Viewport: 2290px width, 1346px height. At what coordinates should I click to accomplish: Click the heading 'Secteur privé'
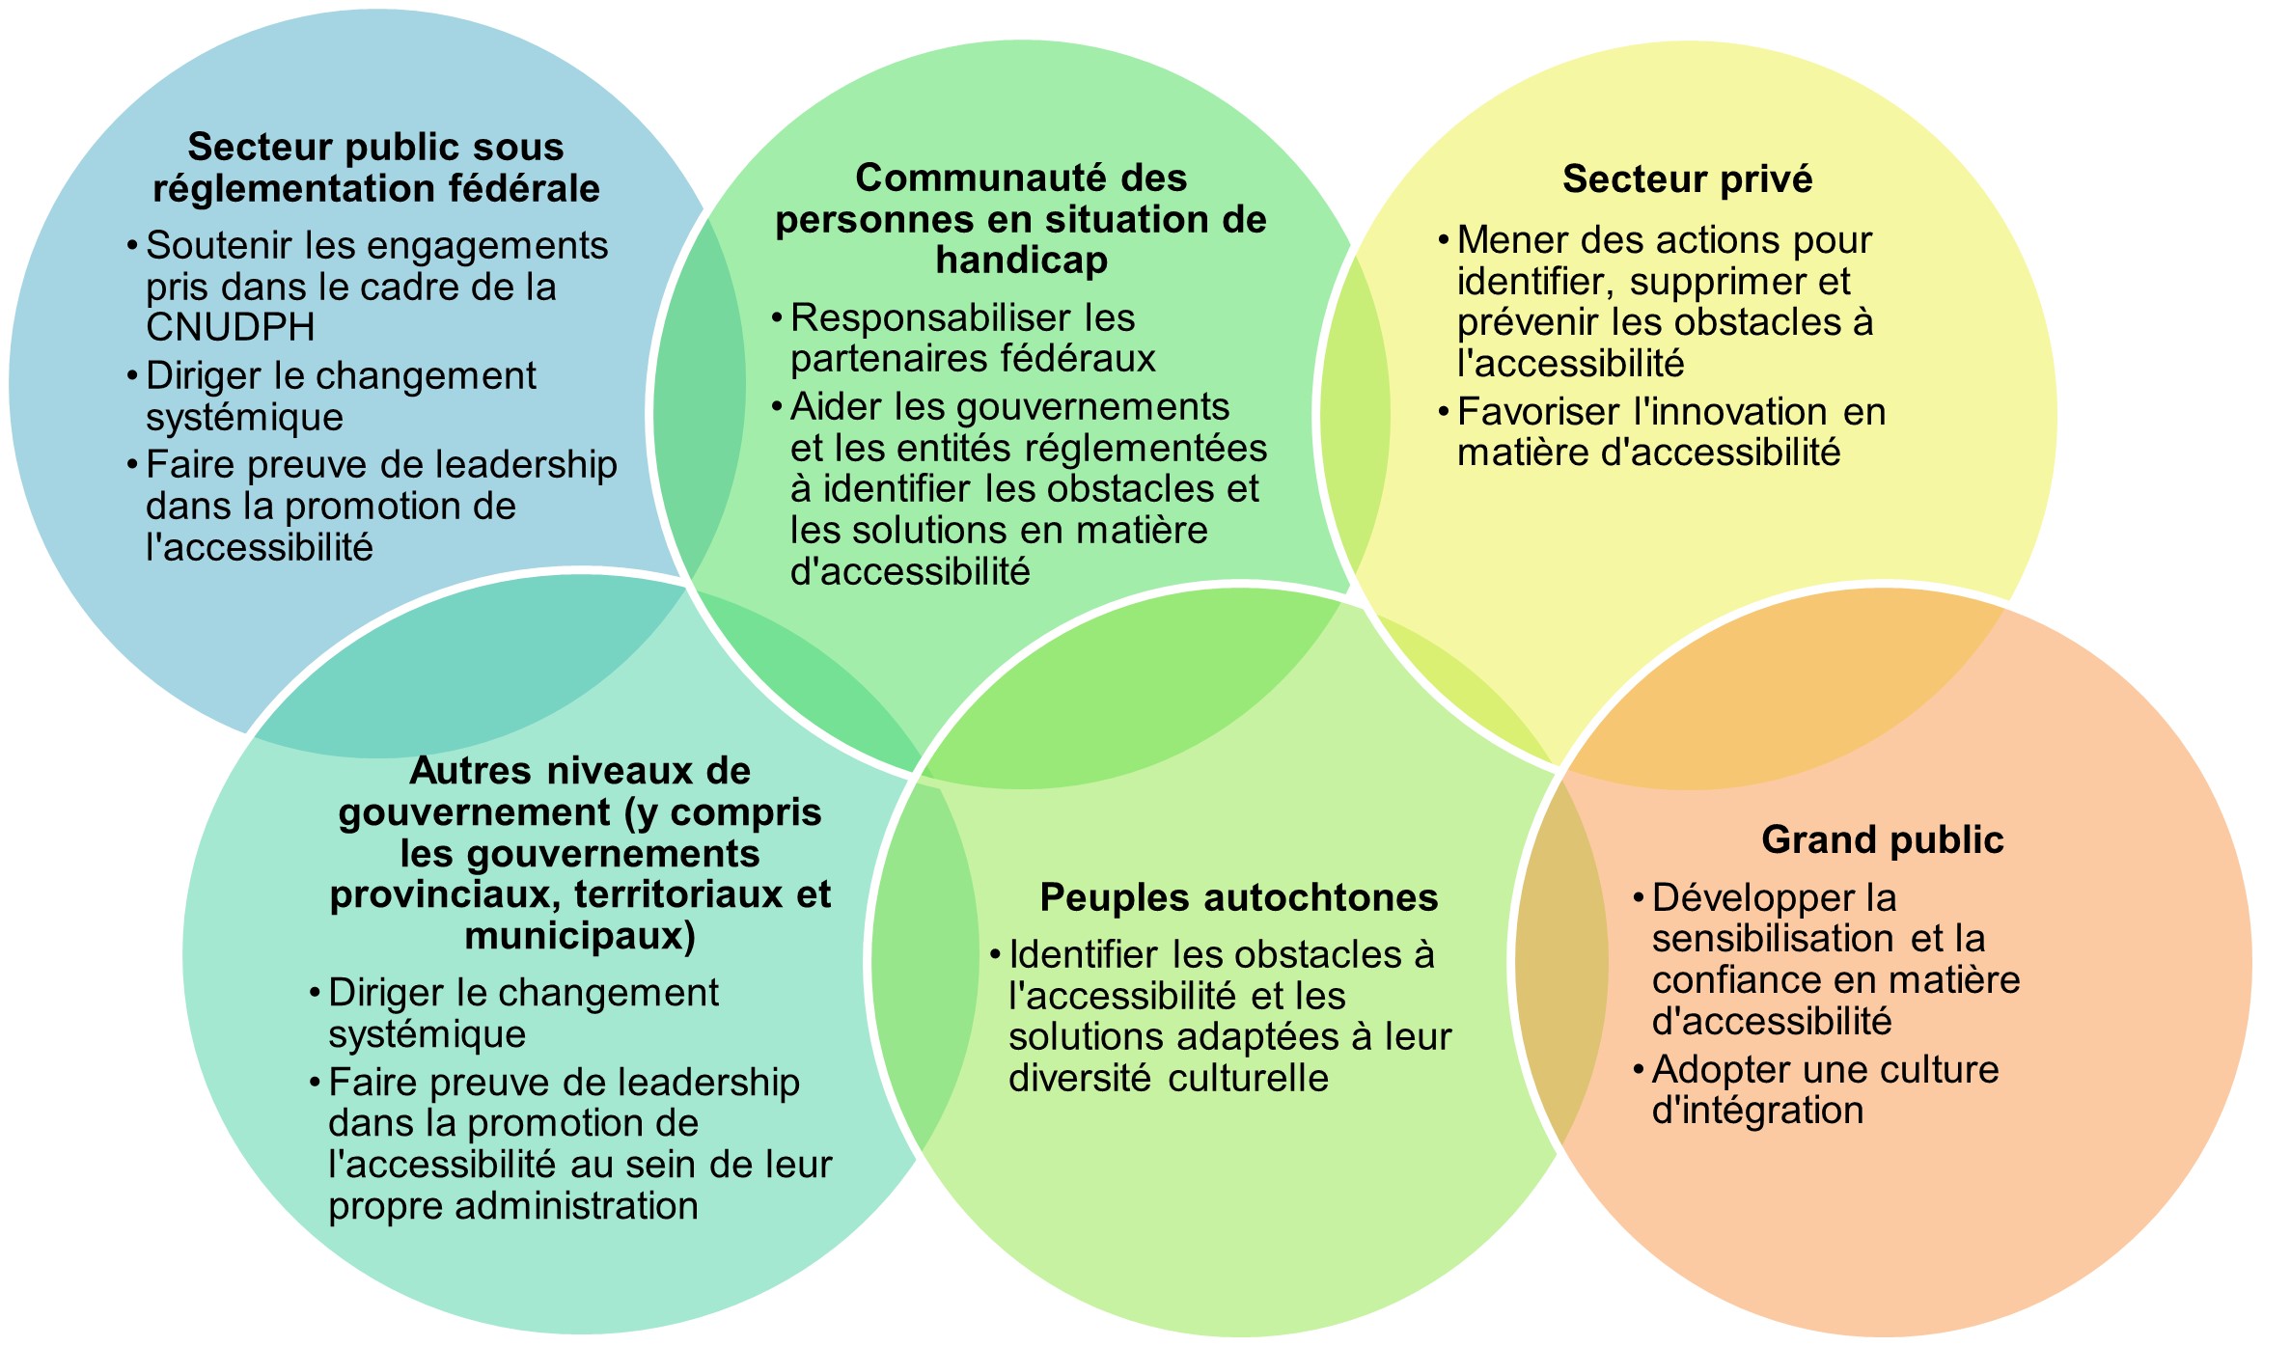(1687, 179)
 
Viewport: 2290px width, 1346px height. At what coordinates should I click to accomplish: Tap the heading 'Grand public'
(1882, 839)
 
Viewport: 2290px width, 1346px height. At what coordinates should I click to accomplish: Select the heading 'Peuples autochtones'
(1238, 897)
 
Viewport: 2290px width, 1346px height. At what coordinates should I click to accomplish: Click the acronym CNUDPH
(231, 328)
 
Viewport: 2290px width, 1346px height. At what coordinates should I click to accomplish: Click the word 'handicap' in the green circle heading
(1021, 261)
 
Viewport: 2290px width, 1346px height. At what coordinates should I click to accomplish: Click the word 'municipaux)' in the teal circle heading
(580, 937)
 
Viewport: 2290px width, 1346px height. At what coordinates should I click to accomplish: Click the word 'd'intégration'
(1757, 1111)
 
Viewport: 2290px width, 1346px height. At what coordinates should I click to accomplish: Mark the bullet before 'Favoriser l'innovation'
(1444, 413)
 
